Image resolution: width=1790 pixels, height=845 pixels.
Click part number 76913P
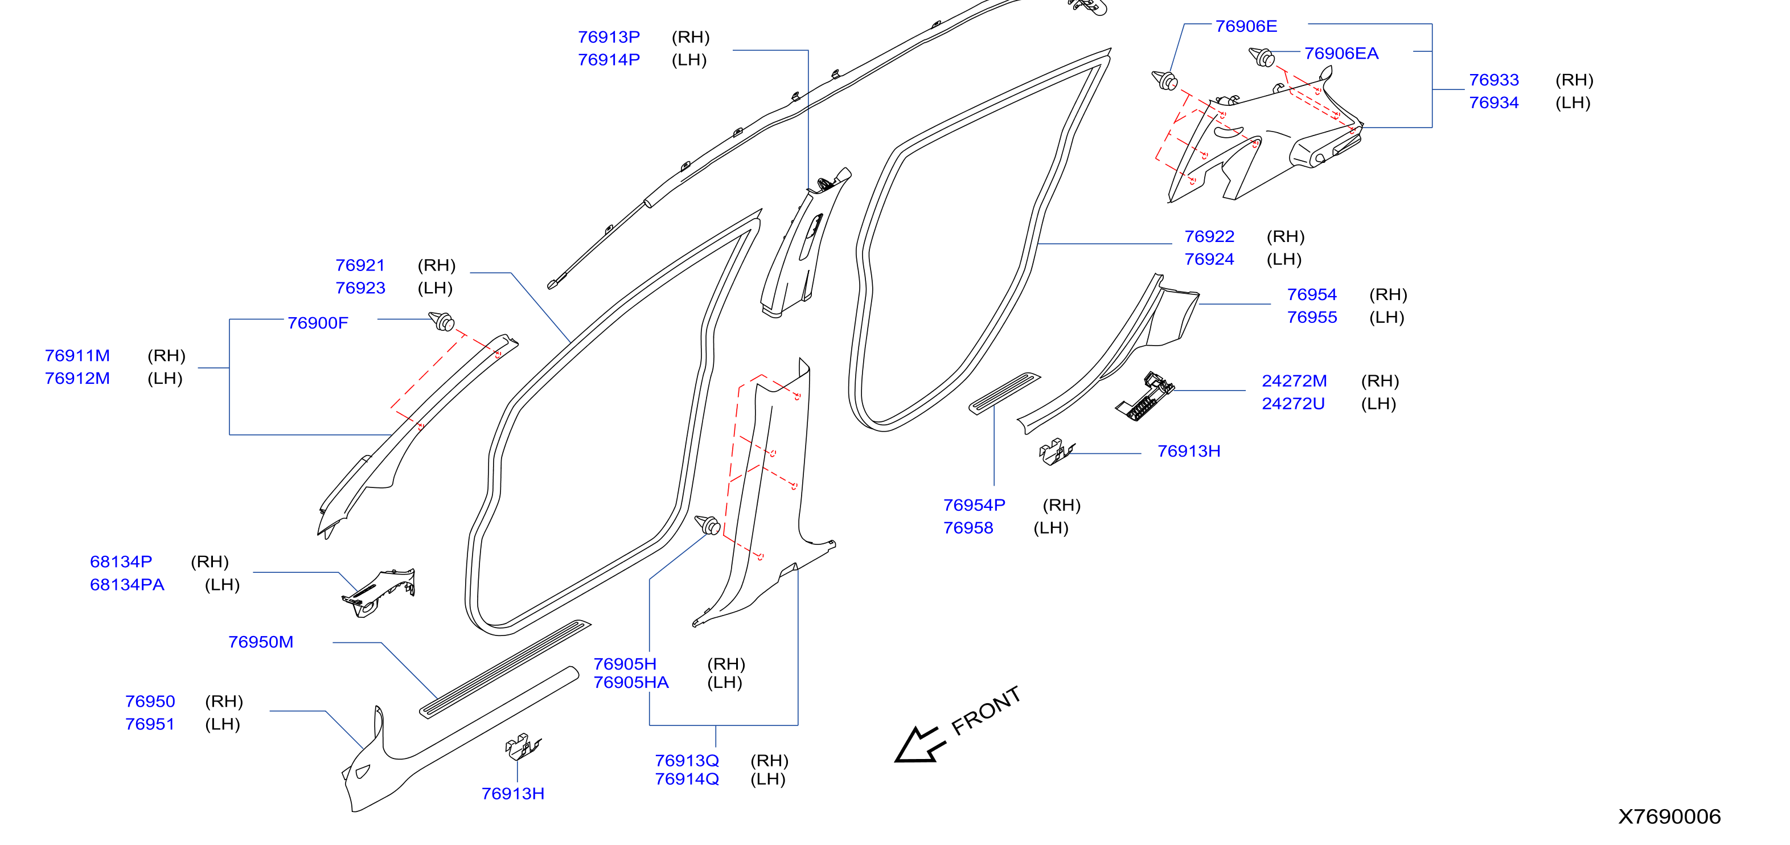click(609, 37)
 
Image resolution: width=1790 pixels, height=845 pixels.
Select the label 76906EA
click(1341, 54)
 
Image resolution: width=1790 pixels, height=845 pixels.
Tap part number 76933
click(1494, 80)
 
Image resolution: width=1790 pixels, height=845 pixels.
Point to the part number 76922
click(1209, 236)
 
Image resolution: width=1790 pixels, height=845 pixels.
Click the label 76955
click(1312, 318)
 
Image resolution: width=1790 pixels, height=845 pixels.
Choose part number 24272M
click(1294, 381)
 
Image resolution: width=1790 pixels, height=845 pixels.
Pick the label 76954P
click(974, 505)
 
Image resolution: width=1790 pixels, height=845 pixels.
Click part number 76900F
click(318, 323)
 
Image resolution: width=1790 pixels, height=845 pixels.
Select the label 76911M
click(77, 356)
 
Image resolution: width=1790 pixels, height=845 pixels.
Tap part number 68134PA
click(127, 585)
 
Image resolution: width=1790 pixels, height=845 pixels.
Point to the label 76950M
click(261, 642)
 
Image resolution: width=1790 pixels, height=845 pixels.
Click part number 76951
click(150, 724)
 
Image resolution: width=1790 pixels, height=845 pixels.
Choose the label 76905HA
click(631, 682)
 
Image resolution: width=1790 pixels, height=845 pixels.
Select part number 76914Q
click(687, 779)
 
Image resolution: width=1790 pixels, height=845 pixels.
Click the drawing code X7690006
click(1669, 817)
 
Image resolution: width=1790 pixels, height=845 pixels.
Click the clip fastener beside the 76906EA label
click(1262, 57)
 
